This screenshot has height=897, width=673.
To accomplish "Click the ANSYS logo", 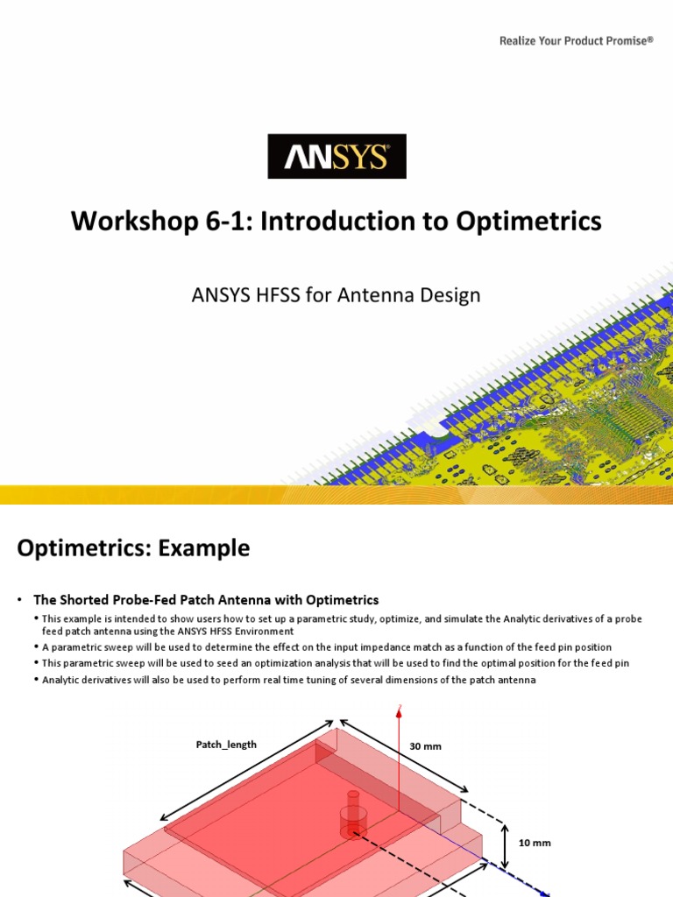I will point(336,157).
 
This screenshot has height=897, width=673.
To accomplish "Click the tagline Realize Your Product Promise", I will point(576,40).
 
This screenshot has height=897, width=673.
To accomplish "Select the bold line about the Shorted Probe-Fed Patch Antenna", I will point(206,600).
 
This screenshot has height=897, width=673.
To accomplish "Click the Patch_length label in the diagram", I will point(226,745).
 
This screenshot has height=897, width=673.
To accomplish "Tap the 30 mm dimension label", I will point(426,746).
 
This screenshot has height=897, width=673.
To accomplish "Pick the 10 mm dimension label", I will point(535,843).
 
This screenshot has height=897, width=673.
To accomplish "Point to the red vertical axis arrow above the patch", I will point(400,753).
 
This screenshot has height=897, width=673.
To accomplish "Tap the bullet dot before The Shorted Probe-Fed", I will point(18,600).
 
